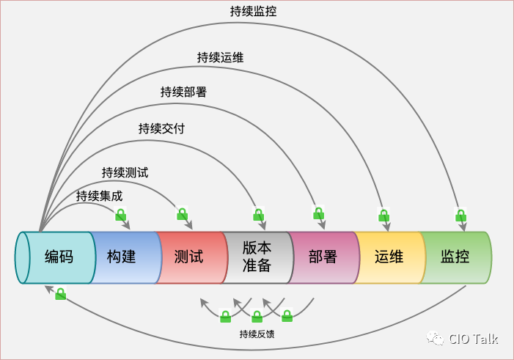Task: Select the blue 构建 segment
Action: (x=122, y=257)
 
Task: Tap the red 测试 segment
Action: (x=188, y=257)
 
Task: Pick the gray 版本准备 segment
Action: (x=257, y=257)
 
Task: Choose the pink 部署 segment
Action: (x=323, y=257)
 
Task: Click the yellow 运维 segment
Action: (x=389, y=257)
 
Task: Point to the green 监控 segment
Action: (x=455, y=257)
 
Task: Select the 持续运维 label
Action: (x=220, y=56)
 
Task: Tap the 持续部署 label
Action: (x=183, y=92)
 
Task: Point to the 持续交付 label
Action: (x=161, y=128)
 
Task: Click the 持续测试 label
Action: (x=125, y=173)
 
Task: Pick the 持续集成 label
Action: (x=99, y=196)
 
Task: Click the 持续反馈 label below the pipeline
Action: (x=257, y=334)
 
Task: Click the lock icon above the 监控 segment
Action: (x=460, y=216)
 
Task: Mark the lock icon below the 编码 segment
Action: (x=61, y=294)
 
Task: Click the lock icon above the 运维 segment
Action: (x=383, y=215)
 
